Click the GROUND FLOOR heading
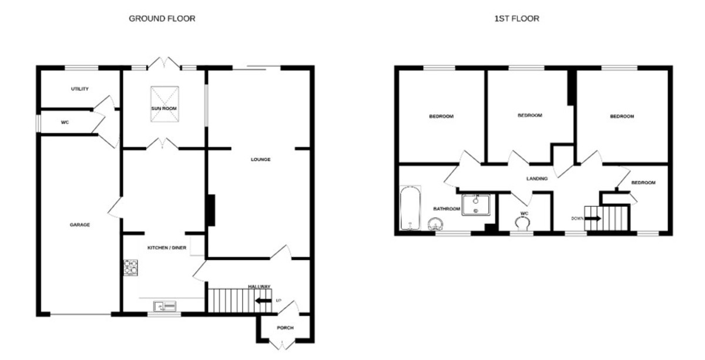coord(162,19)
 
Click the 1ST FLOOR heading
coord(517,19)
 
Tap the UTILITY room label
coord(80,89)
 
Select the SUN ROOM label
coord(164,109)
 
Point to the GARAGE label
coord(80,225)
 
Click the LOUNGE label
coord(261,160)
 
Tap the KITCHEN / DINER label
coord(167,248)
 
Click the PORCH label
coord(285,328)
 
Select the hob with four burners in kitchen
coord(130,267)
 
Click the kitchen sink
coord(164,306)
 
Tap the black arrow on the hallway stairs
coord(263,301)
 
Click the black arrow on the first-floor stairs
coord(593,218)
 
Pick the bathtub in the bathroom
coord(411,208)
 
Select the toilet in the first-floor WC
coord(522,224)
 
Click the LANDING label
coord(537,179)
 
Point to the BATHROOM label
coord(446,208)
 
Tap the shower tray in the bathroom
coord(476,205)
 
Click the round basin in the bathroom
coord(435,224)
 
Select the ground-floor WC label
coord(65,122)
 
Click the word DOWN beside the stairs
coord(578,218)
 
